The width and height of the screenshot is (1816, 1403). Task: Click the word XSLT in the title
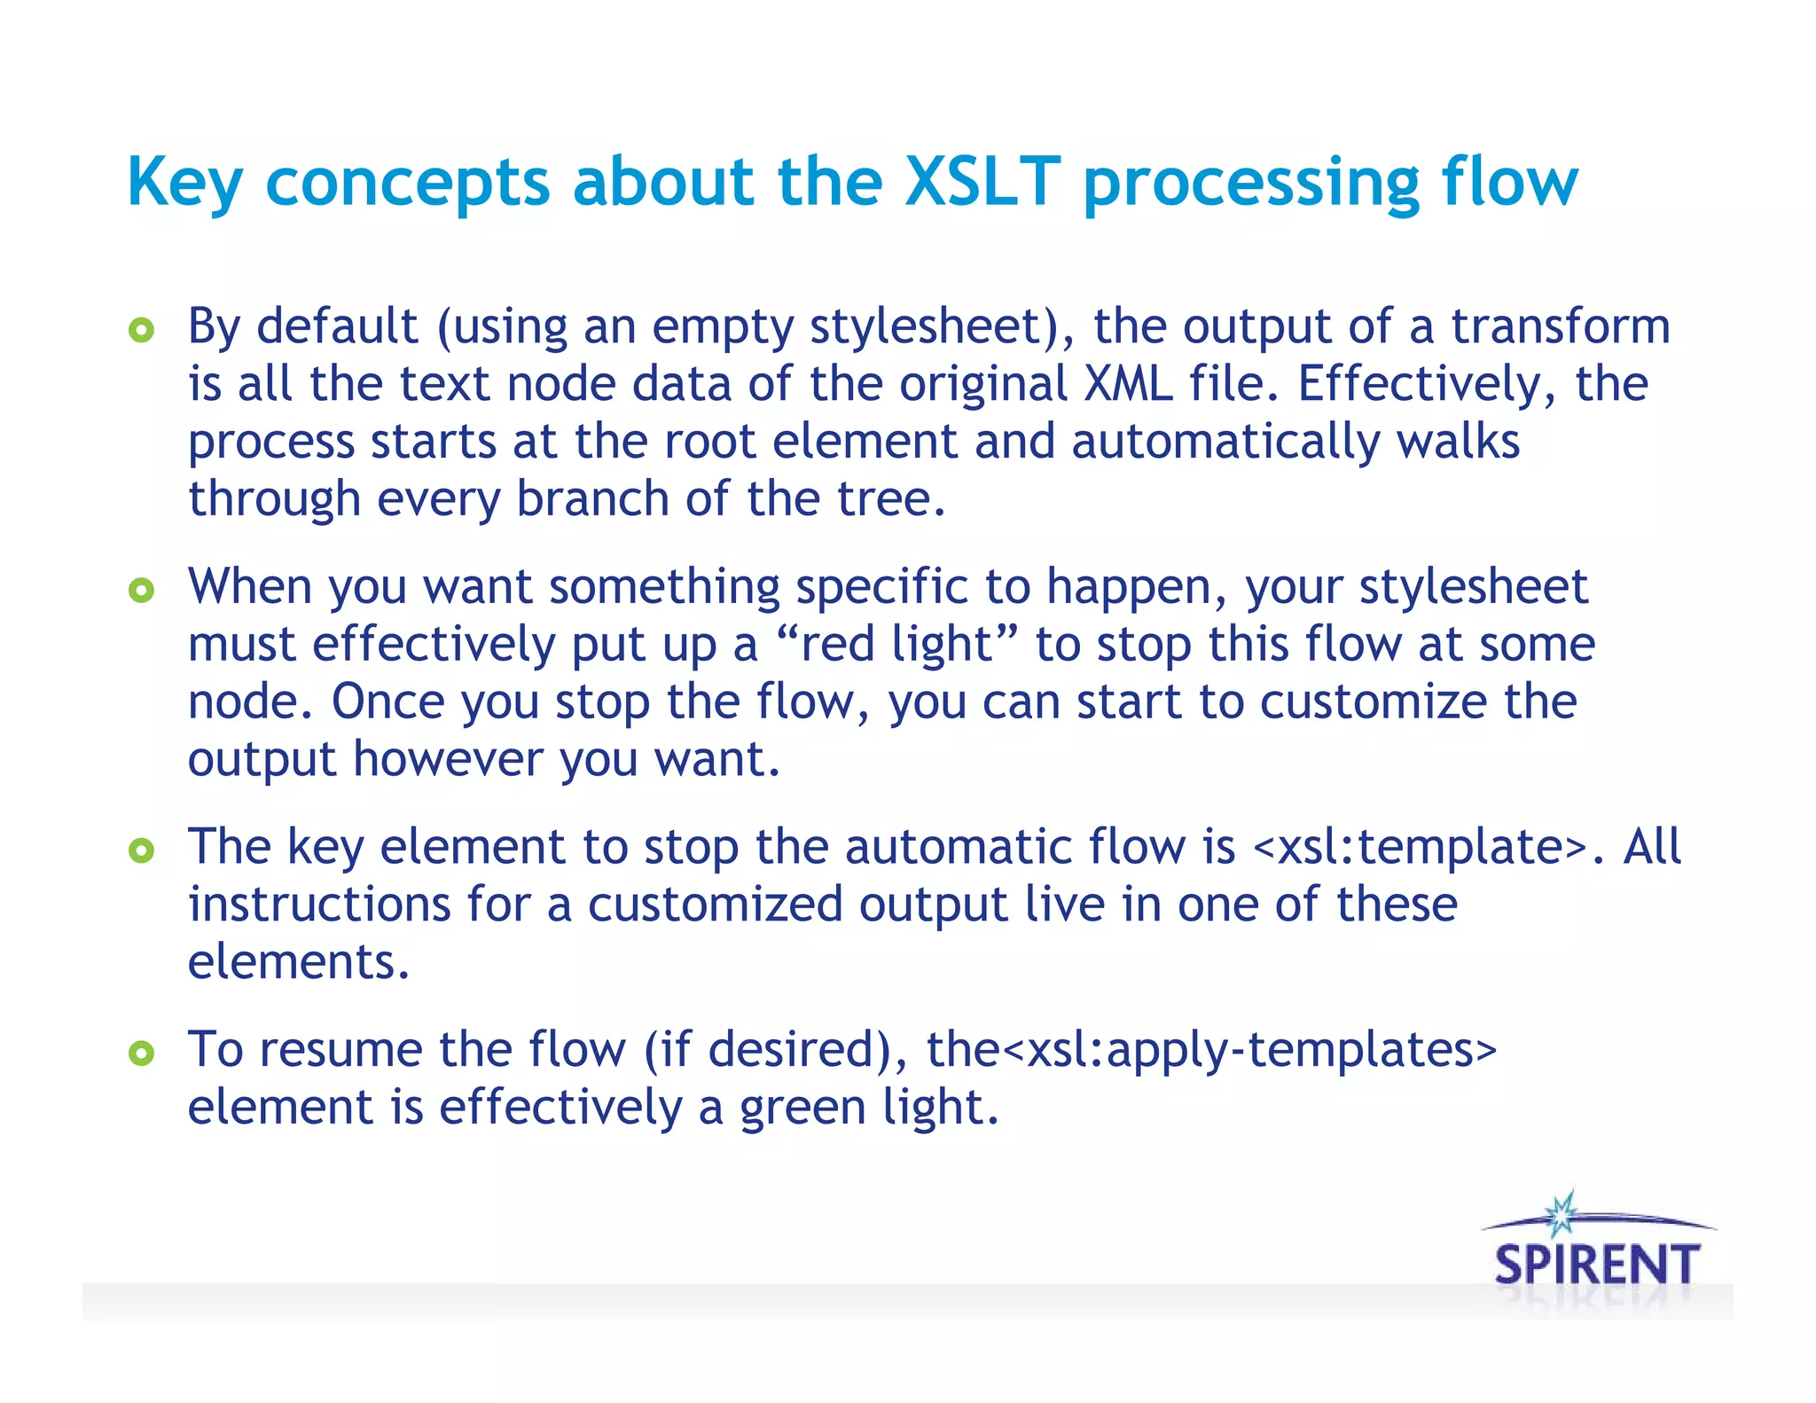point(982,182)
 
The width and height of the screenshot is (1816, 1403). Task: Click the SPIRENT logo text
point(1597,1265)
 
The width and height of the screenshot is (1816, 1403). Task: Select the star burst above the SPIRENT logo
point(1561,1214)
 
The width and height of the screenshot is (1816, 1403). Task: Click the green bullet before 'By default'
point(141,331)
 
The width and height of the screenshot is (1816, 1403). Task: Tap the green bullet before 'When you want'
point(141,591)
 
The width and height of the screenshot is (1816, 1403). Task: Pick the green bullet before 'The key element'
point(141,850)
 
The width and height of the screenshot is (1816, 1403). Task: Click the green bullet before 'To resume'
point(141,1054)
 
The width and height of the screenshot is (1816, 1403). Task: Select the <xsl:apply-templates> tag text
point(1249,1050)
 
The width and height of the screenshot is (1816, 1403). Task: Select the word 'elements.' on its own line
point(299,962)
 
